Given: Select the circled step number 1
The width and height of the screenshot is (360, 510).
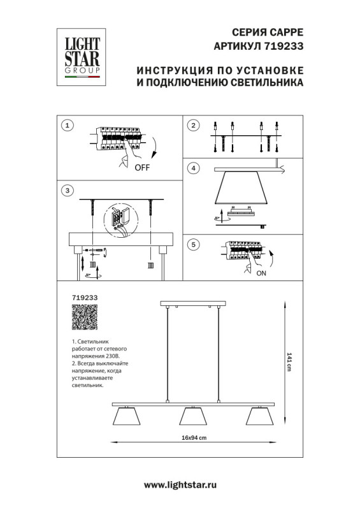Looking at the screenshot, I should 68,126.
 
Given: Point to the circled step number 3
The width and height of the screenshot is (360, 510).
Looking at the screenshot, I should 68,191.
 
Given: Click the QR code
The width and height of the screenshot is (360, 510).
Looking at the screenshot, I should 84,317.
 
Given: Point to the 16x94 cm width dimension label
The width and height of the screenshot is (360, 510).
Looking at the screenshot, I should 195,437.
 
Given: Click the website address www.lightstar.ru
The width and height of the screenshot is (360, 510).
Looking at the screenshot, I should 180,485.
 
